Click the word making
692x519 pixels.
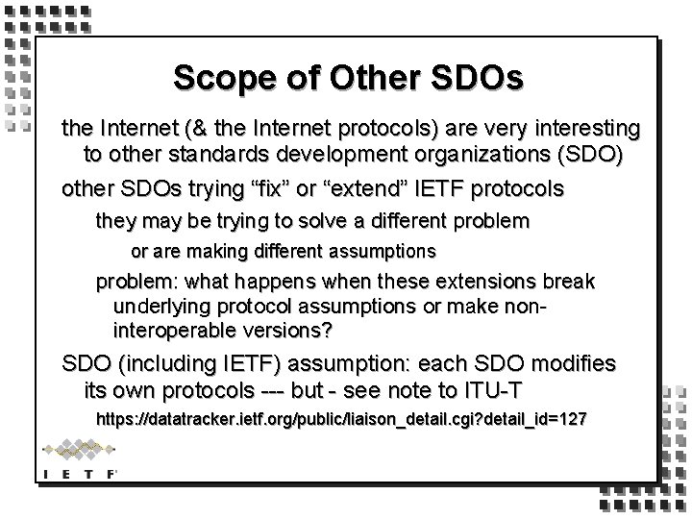221,251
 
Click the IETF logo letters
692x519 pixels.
78,473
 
